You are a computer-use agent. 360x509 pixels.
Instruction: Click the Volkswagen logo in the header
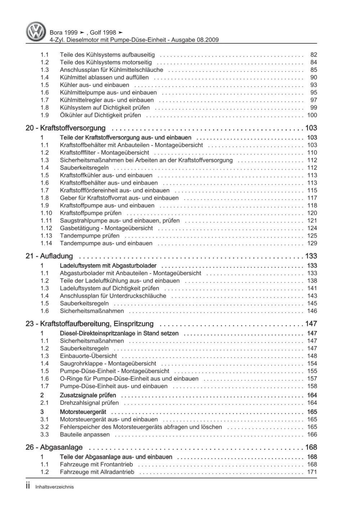click(36, 31)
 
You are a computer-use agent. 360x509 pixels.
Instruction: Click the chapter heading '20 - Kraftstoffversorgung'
click(66, 128)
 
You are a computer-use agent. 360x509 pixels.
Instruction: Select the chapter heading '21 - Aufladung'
click(49, 256)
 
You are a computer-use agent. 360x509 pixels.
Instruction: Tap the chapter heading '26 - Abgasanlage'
click(54, 447)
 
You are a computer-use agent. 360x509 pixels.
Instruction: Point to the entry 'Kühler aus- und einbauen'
click(94, 85)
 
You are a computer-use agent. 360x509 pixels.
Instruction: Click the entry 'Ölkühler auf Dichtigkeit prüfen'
click(100, 115)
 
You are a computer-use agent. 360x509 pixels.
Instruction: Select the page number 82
click(314, 55)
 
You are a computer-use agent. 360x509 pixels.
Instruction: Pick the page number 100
click(312, 115)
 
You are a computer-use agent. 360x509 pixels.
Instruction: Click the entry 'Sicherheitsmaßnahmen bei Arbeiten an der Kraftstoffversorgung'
click(146, 160)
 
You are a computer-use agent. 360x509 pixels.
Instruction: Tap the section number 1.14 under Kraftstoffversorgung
click(46, 243)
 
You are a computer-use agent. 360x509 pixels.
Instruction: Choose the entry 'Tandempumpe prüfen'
click(90, 236)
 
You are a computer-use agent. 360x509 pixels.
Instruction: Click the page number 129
click(312, 243)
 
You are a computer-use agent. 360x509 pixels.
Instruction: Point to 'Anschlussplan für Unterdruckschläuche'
click(113, 296)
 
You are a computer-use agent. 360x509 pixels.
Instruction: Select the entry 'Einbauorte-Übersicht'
click(88, 356)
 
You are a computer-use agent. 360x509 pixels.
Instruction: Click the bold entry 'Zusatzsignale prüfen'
click(89, 395)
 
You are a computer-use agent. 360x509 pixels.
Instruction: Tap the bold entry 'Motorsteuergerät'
click(83, 412)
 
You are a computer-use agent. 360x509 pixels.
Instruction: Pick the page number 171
click(312, 472)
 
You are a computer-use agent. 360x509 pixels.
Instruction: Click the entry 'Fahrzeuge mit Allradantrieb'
click(97, 472)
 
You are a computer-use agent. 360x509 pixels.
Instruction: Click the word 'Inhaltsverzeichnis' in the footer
click(54, 487)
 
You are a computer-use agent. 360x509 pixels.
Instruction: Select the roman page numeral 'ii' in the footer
click(28, 486)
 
